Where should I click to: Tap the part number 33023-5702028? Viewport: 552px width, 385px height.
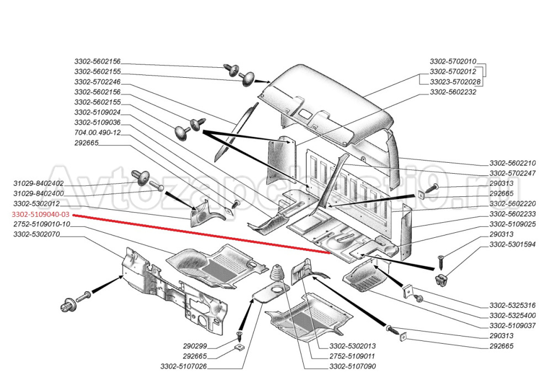point(455,82)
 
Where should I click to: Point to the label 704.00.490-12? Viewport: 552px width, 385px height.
point(97,132)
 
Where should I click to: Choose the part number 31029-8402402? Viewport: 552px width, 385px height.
point(38,183)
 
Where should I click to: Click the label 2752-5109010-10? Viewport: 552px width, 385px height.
point(41,224)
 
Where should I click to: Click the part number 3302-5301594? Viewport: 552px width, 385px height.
point(513,244)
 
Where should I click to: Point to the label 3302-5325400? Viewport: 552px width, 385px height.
point(513,315)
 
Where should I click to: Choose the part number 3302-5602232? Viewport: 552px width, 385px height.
point(453,92)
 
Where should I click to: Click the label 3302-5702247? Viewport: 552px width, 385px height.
point(513,173)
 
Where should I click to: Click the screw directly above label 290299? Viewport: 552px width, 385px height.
point(239,334)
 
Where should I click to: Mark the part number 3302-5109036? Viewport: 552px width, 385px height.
point(97,122)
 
